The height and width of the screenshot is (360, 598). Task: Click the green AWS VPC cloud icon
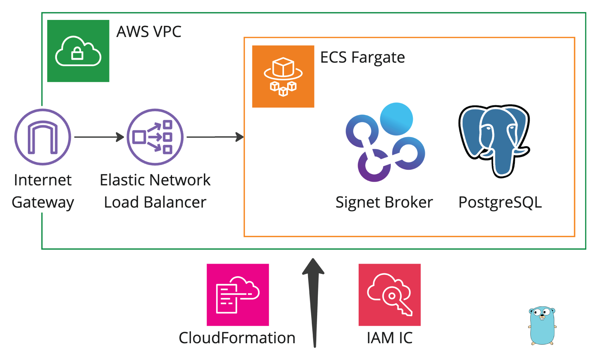click(78, 51)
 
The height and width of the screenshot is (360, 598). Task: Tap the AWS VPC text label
click(149, 32)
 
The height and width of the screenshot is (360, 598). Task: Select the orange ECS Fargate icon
click(283, 77)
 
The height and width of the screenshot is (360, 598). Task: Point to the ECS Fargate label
click(362, 58)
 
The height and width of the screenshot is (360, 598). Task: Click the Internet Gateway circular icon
click(43, 137)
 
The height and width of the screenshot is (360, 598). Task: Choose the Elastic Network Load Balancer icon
click(155, 137)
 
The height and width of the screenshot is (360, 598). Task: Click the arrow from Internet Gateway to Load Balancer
click(99, 137)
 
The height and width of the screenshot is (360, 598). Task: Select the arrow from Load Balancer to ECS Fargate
click(215, 137)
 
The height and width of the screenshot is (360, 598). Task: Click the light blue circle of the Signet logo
click(396, 119)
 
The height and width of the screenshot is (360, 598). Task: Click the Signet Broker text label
click(384, 202)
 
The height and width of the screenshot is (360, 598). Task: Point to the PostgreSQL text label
click(500, 202)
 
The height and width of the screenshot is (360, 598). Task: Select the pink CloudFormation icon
click(238, 295)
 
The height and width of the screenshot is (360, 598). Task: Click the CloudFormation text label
click(237, 338)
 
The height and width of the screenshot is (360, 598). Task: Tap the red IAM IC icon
click(390, 295)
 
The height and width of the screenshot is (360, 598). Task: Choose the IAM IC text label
click(390, 338)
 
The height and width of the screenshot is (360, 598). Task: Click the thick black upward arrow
click(314, 304)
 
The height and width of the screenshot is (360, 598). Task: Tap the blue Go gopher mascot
click(542, 326)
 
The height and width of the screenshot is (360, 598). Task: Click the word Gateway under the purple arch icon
click(43, 202)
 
